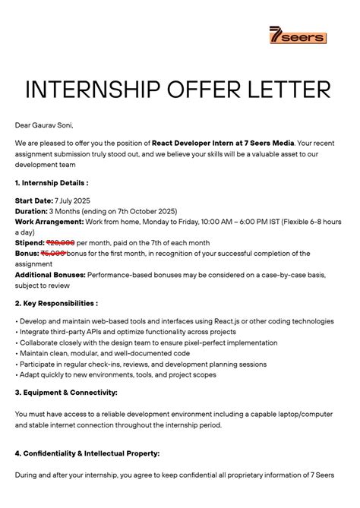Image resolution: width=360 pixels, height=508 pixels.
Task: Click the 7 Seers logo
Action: pos(297,35)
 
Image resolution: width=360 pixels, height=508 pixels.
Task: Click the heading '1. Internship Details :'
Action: pos(52,183)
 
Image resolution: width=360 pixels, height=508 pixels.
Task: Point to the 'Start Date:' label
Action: pos(36,200)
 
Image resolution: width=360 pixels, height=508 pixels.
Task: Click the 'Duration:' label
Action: pos(33,210)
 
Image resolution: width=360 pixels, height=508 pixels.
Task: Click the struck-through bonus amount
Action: pos(53,253)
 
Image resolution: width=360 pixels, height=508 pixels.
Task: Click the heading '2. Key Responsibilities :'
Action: pos(56,302)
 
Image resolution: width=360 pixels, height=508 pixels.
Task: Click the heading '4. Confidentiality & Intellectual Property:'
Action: pos(87,453)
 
